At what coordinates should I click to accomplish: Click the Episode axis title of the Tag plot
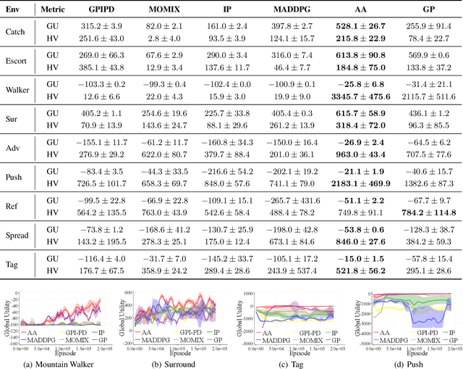point(290,352)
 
